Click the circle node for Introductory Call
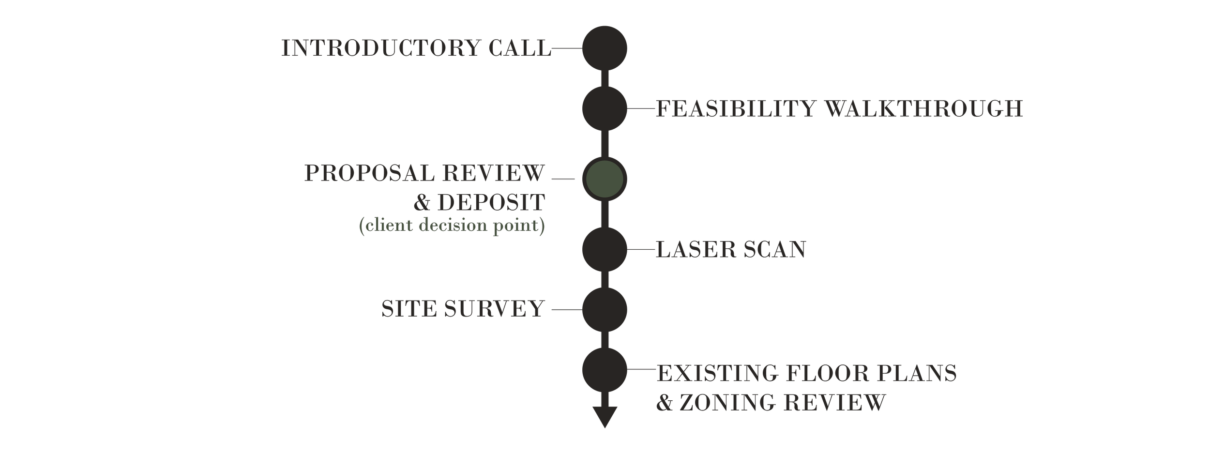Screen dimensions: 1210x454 point(605,48)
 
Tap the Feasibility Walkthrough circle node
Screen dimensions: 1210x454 point(605,108)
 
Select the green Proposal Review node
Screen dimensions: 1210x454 point(605,179)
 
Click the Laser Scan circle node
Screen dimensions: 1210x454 point(605,249)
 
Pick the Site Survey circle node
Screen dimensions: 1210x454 point(605,310)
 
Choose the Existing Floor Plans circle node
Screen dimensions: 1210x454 point(605,370)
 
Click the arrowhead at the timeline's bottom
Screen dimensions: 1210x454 point(605,417)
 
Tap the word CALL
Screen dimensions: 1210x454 point(520,48)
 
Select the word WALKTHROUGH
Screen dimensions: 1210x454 point(924,108)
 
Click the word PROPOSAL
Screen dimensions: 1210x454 point(369,173)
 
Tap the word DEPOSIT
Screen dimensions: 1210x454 point(491,202)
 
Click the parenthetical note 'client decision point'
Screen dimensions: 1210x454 point(452,226)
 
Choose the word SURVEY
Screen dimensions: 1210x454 point(495,309)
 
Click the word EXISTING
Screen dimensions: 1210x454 point(717,373)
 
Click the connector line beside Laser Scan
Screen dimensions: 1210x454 point(641,249)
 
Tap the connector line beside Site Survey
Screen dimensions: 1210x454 point(567,310)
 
